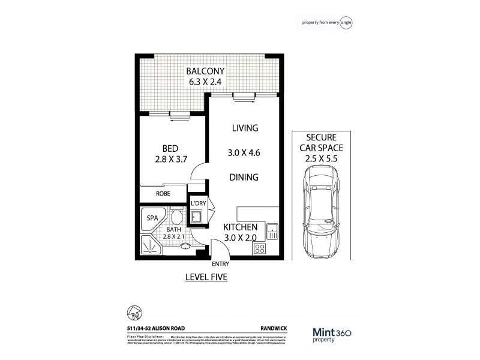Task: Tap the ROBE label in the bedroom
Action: point(163,194)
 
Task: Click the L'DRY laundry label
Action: point(198,204)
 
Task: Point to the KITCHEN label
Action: point(241,227)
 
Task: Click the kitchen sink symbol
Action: point(272,229)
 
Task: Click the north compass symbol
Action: point(135,312)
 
